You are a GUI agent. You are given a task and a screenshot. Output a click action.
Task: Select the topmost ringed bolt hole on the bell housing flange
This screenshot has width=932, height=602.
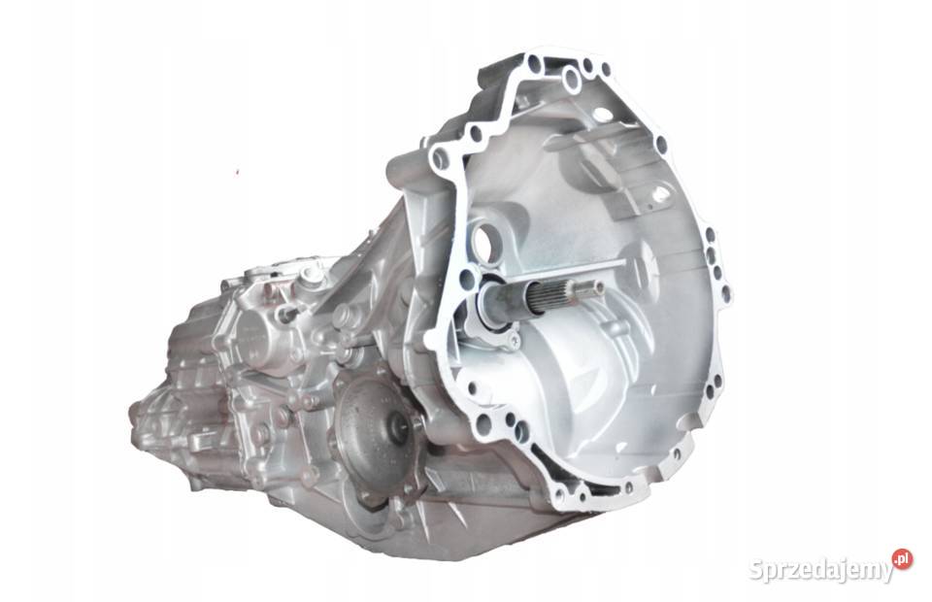tap(571, 79)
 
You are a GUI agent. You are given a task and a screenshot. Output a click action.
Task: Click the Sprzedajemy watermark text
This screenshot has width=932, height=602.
tap(820, 568)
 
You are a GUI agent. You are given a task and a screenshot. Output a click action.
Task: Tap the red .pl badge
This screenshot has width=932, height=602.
tap(902, 558)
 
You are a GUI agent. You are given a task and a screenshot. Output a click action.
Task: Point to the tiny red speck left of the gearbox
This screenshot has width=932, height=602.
tap(237, 172)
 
